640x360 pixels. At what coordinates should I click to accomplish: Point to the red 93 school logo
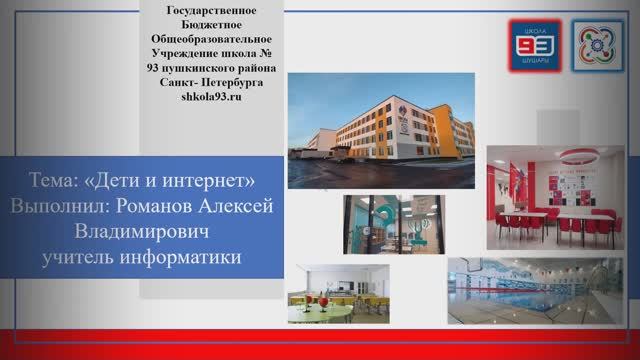[x=535, y=44]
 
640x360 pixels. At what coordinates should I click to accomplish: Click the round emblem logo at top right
[x=598, y=44]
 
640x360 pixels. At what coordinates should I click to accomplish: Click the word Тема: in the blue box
[x=54, y=181]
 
